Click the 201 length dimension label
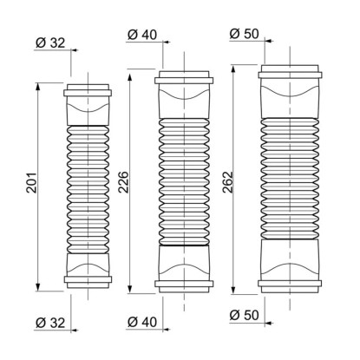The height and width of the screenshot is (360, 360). coord(32,183)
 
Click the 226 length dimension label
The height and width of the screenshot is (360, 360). coord(123,182)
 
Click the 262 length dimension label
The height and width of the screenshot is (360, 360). coord(228,182)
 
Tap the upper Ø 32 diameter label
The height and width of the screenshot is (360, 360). coord(50,43)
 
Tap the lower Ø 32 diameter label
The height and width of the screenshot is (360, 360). coord(50,323)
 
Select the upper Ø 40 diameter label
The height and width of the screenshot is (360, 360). coord(142,35)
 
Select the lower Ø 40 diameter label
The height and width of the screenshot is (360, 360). coord(142,322)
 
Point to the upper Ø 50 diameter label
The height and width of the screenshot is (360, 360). coord(245,34)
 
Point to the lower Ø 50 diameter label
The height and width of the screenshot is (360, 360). coord(245,315)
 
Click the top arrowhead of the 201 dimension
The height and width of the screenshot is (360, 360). coord(38,87)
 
